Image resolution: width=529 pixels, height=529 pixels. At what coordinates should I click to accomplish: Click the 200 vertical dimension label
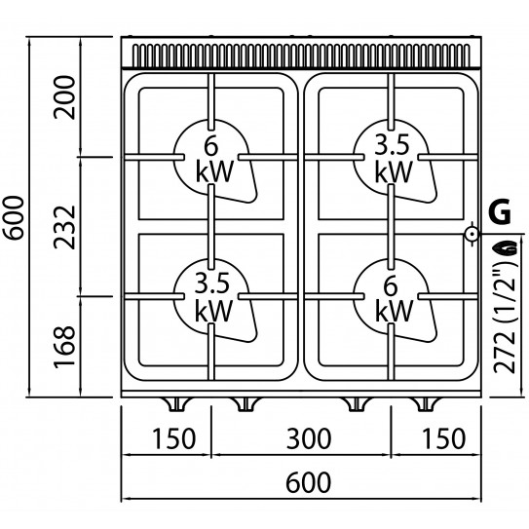64,97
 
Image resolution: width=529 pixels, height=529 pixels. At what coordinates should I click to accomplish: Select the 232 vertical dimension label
64,227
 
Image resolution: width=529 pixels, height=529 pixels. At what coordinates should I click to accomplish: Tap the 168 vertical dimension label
64,346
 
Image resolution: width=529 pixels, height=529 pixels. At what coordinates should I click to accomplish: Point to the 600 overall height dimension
14,218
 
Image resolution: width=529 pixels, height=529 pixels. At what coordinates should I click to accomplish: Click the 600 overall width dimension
309,482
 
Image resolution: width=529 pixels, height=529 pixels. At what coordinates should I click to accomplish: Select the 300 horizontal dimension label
309,438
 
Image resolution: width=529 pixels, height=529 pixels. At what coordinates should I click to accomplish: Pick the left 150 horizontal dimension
174,438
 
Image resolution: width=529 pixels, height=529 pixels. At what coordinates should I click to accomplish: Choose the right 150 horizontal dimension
444,438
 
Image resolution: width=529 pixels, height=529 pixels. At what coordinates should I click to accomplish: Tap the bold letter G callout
500,211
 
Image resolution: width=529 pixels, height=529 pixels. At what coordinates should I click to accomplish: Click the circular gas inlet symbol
472,234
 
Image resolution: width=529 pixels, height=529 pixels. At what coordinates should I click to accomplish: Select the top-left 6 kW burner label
214,159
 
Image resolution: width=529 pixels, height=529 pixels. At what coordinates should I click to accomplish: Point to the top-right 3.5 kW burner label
394,159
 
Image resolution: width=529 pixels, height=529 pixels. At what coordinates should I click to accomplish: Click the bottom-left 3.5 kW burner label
214,297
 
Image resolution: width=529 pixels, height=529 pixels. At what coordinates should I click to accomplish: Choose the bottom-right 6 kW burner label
394,299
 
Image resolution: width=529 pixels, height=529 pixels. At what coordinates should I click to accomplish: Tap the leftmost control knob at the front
176,404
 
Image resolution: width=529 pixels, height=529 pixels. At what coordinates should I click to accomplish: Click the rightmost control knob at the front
425,404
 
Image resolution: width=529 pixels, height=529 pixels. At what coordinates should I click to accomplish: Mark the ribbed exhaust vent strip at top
301,56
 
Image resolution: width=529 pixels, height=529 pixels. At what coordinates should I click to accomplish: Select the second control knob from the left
246,404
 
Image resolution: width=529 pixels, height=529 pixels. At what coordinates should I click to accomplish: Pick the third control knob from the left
357,404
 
